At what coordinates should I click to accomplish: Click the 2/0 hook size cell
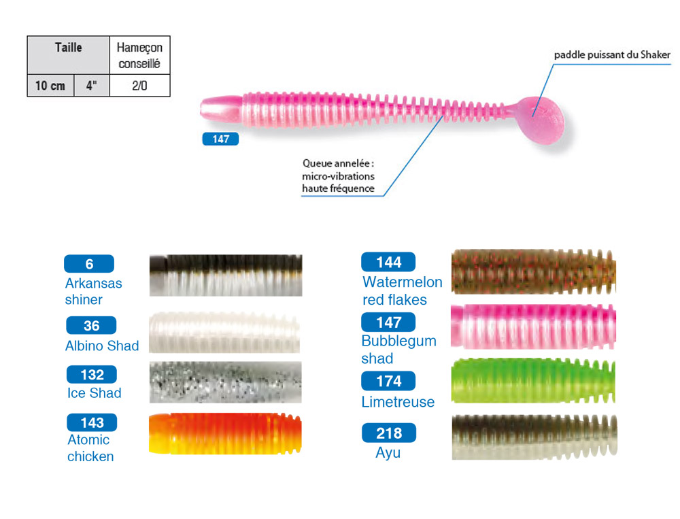(x=139, y=86)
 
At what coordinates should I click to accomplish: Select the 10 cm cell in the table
(x=50, y=86)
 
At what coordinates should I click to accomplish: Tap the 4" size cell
(x=91, y=86)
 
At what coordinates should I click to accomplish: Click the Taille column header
(x=68, y=48)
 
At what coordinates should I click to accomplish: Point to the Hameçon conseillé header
(x=139, y=55)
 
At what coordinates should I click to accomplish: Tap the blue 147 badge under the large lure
(x=220, y=139)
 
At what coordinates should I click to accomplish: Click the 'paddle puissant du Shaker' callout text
(x=612, y=54)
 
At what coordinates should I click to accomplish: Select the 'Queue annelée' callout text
(x=339, y=175)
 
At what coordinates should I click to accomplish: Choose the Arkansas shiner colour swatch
(x=225, y=275)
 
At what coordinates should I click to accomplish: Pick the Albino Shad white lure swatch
(x=225, y=332)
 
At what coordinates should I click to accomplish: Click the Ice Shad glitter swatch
(x=225, y=382)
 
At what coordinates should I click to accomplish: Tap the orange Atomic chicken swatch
(x=225, y=433)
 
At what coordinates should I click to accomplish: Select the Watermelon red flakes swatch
(x=533, y=271)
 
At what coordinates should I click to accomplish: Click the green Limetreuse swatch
(x=533, y=380)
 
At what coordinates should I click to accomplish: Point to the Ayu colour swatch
(x=533, y=437)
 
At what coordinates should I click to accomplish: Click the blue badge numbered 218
(x=388, y=433)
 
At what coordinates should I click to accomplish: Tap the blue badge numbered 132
(x=92, y=374)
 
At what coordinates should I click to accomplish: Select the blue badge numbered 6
(x=89, y=264)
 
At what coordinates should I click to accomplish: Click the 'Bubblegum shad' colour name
(x=398, y=349)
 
